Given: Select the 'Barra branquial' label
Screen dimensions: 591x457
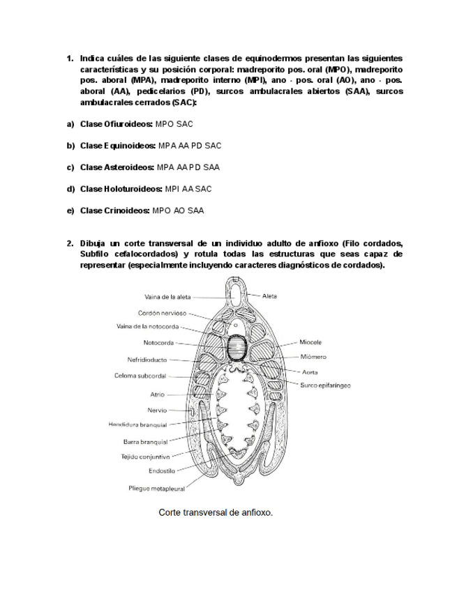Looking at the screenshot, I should click(145, 442).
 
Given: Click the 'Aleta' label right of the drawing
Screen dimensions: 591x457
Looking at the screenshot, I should click(269, 295).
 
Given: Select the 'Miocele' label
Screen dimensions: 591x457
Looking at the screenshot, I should click(310, 342).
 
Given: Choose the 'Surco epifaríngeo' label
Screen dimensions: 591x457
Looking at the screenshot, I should click(325, 385).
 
